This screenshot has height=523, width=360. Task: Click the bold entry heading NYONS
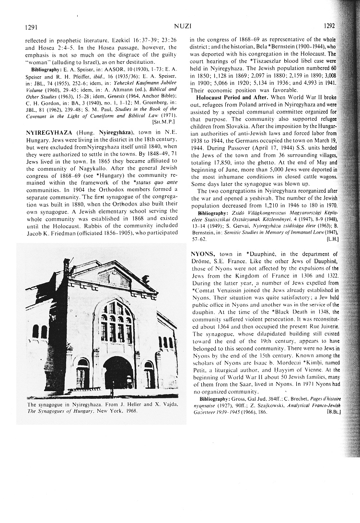click(x=202, y=254)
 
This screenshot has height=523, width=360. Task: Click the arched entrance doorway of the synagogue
click(x=117, y=372)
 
